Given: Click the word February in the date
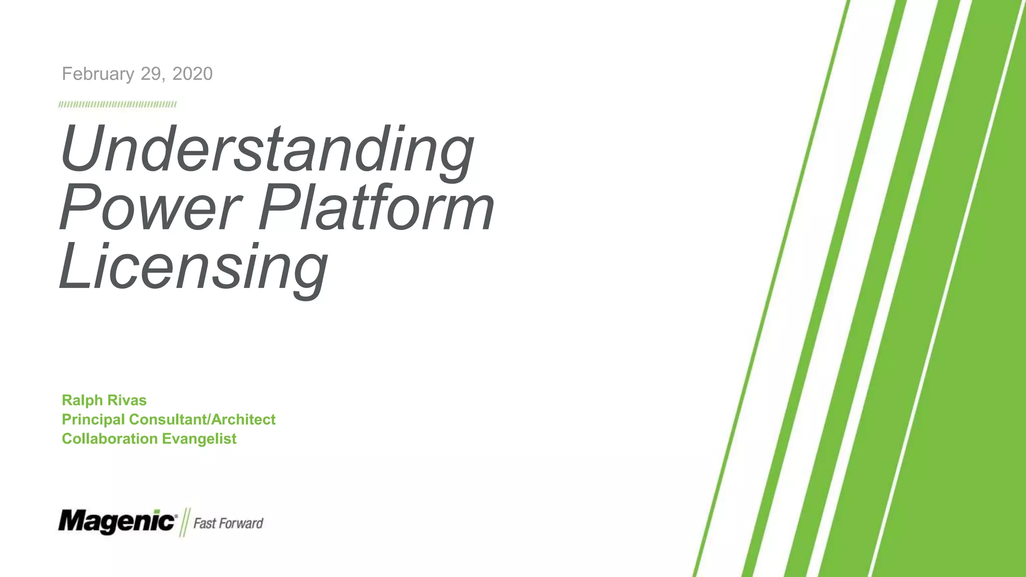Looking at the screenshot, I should pyautogui.click(x=98, y=74).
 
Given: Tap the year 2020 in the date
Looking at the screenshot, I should pyautogui.click(x=192, y=74).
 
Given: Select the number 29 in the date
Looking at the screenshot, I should pyautogui.click(x=150, y=74).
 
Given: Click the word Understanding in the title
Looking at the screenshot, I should pyautogui.click(x=267, y=150).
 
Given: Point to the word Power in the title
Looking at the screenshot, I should pyautogui.click(x=150, y=208).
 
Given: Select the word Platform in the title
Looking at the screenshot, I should pyautogui.click(x=376, y=208).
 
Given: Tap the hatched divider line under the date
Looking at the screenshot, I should pyautogui.click(x=117, y=105).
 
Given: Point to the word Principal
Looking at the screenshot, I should pyautogui.click(x=93, y=419).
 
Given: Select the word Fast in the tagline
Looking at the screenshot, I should pyautogui.click(x=204, y=523).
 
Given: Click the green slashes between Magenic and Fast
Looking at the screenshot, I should pyautogui.click(x=184, y=522).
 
